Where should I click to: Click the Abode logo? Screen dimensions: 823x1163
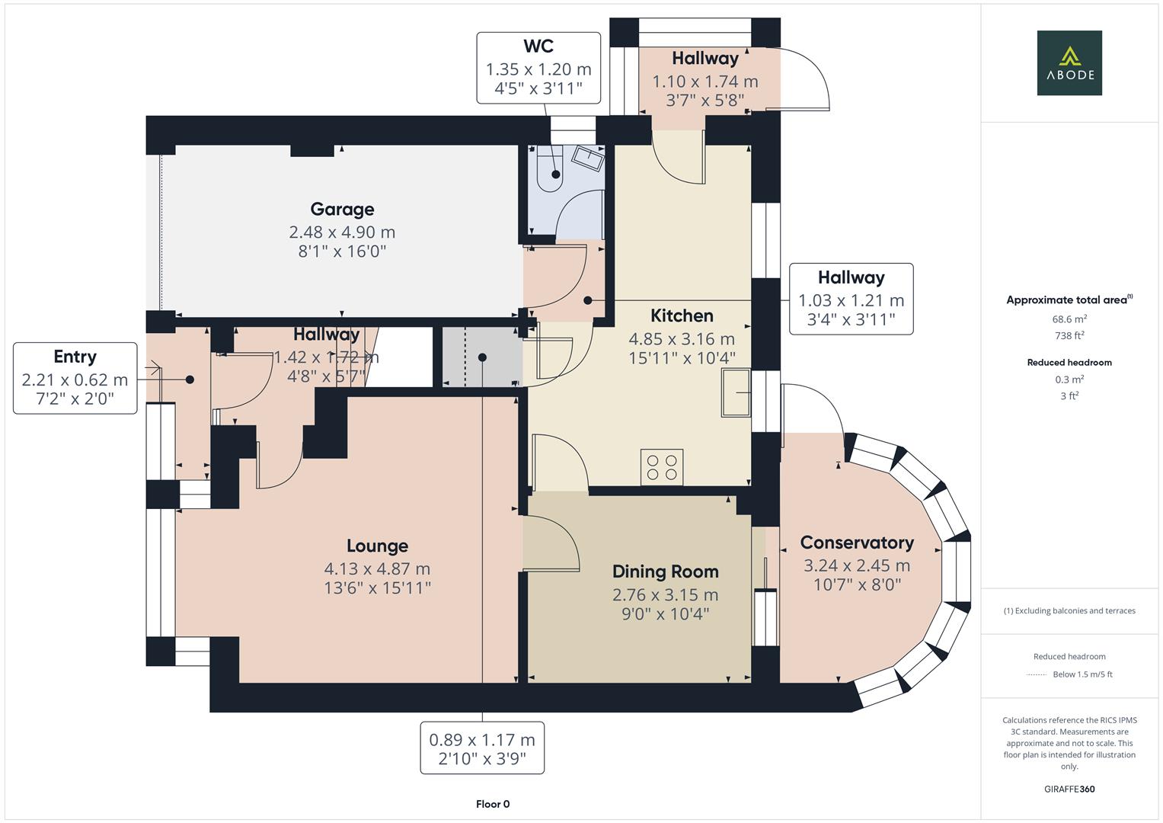coord(1069,62)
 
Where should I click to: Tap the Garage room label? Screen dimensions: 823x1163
coord(342,209)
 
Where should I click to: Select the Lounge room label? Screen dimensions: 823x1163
coord(377,546)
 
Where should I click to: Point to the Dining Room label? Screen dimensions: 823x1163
coord(665,572)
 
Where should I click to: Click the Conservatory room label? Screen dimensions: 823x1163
coord(857,543)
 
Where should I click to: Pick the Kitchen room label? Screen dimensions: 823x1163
coord(682,315)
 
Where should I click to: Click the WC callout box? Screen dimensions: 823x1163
coord(538,68)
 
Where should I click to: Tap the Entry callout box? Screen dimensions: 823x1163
coord(75,378)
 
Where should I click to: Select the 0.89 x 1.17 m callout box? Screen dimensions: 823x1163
coord(482,748)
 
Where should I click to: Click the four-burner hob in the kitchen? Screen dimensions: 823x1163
coord(661,466)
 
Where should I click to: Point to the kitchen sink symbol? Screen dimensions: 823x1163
coord(736,393)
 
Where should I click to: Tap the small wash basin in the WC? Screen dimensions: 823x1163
coord(587,158)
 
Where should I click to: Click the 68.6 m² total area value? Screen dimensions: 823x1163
coord(1069,319)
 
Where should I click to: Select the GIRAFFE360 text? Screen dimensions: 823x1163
coord(1069,789)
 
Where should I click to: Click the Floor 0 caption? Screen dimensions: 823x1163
coord(493,804)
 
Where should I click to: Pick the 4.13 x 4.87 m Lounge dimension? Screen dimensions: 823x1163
coord(377,568)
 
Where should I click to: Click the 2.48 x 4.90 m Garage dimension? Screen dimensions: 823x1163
coord(342,232)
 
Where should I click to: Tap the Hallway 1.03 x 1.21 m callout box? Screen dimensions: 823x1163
coord(851,299)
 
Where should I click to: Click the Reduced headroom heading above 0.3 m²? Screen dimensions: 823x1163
coord(1069,362)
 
